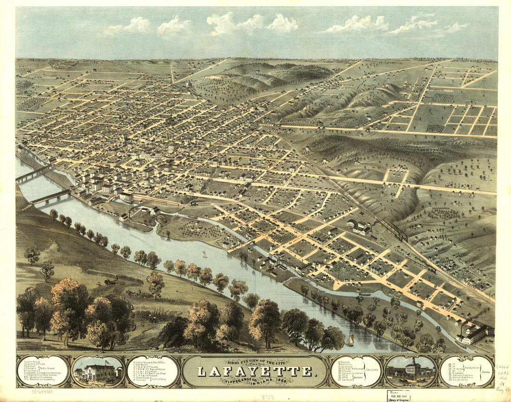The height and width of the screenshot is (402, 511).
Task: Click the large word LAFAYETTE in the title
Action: point(255,371)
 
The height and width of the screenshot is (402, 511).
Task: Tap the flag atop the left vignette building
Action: point(107,361)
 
